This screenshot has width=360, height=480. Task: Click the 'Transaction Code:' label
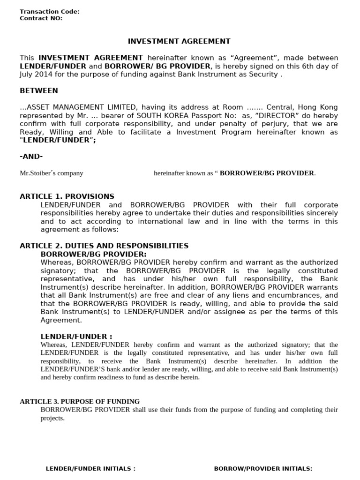coord(50,12)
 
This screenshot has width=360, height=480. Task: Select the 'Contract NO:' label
coord(41,18)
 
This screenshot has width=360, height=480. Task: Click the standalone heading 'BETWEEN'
coord(39,90)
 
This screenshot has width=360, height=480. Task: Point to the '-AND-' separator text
coord(31,156)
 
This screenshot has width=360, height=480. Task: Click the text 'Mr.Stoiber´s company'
coord(52,173)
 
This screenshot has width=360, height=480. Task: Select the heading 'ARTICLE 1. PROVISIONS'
coord(67,196)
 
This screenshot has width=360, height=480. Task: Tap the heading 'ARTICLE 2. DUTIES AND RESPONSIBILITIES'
coord(104,246)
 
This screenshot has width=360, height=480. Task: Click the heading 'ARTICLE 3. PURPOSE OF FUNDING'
coord(80,401)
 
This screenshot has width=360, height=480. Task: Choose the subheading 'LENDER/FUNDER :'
coord(76,336)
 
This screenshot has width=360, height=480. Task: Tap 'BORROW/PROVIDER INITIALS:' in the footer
coord(263,468)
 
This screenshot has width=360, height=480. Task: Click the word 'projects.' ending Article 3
coord(52,418)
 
